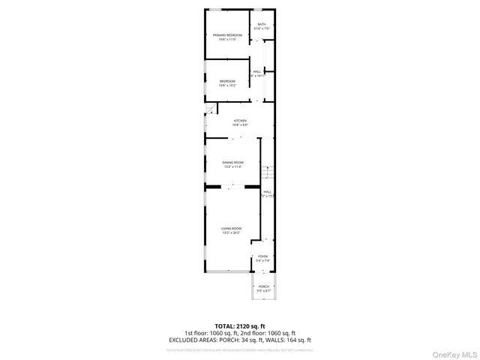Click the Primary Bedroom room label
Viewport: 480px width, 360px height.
pyautogui.click(x=227, y=35)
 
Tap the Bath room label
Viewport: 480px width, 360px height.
pyautogui.click(x=262, y=25)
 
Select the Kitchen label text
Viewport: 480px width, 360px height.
pyautogui.click(x=240, y=121)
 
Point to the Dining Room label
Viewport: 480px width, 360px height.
pyautogui.click(x=232, y=163)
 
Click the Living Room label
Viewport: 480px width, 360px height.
pyautogui.click(x=231, y=228)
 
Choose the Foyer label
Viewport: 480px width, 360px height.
pyautogui.click(x=263, y=256)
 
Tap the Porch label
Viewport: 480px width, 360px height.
pyautogui.click(x=264, y=286)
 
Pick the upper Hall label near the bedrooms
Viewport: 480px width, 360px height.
pyautogui.click(x=258, y=72)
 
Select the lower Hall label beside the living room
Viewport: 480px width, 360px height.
pyautogui.click(x=267, y=192)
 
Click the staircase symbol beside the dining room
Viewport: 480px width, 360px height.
pyautogui.click(x=268, y=174)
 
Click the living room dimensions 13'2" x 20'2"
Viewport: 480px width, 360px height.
pyautogui.click(x=231, y=232)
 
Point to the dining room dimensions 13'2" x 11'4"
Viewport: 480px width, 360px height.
pyautogui.click(x=232, y=167)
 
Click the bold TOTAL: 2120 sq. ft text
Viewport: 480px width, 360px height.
pyautogui.click(x=240, y=326)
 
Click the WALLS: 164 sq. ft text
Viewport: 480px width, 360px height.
pyautogui.click(x=287, y=340)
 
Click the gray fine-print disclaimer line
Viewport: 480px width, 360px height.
pyautogui.click(x=240, y=349)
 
